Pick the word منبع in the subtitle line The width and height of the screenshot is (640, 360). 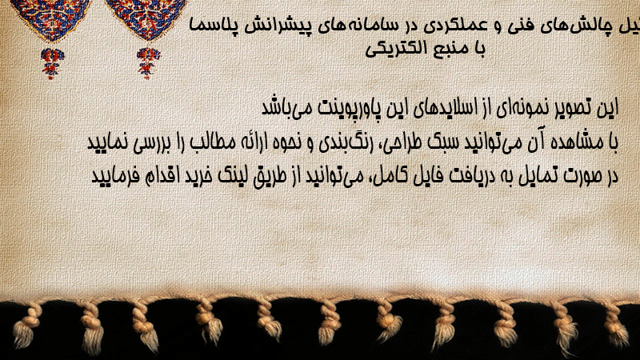pos(449,49)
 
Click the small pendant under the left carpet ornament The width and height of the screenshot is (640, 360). pos(52,63)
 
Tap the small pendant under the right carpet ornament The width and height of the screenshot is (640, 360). pos(148,63)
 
